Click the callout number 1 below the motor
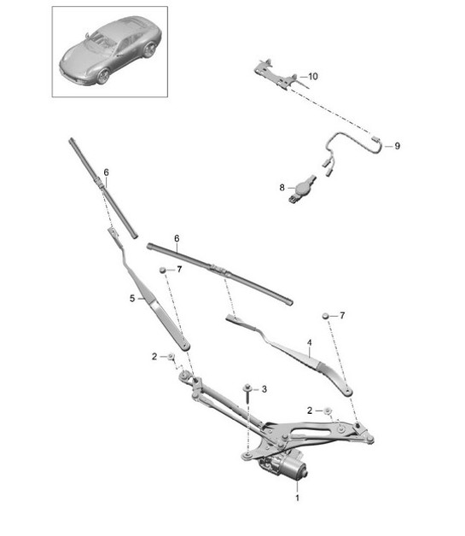point(297,496)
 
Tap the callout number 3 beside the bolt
point(264,389)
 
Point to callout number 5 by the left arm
point(132,299)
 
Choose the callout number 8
point(281,186)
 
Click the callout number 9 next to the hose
point(397,145)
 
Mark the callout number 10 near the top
point(312,77)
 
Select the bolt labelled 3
point(247,392)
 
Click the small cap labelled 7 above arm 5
point(161,271)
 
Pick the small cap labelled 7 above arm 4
point(326,317)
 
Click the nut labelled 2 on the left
point(171,355)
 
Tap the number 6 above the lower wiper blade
point(176,239)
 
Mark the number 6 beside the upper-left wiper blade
point(107,173)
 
